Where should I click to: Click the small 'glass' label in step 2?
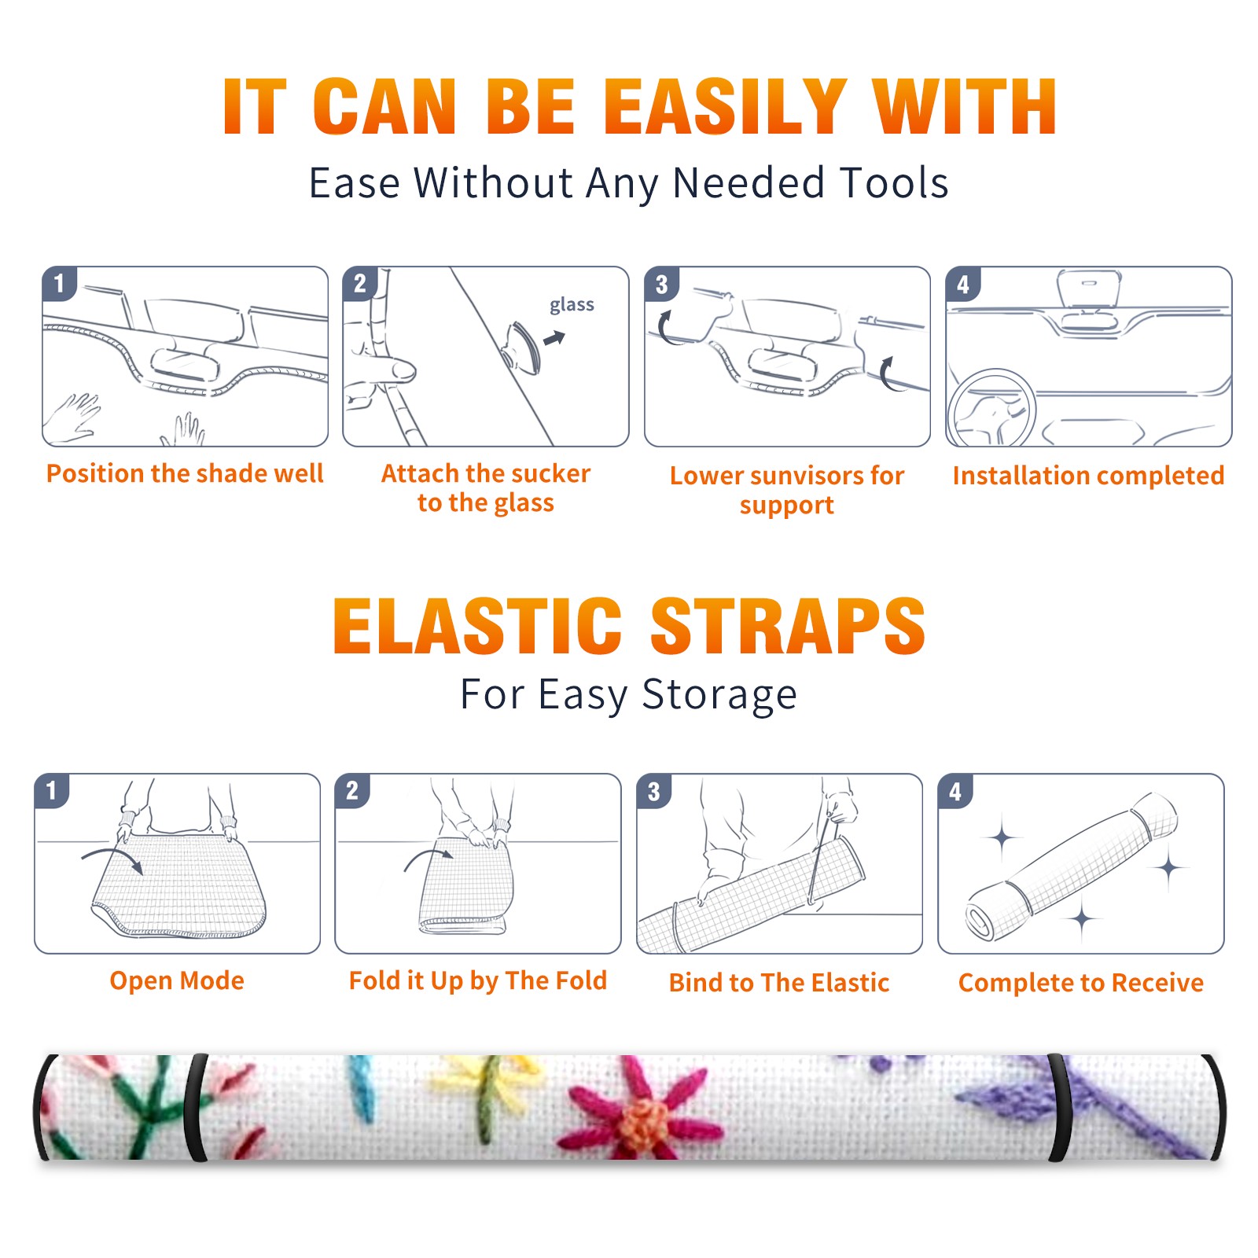pos(572,305)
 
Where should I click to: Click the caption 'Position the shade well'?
pos(185,473)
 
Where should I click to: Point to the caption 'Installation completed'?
pos(1088,475)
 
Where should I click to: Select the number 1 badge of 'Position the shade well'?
pos(60,283)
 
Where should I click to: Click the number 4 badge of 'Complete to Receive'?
pos(955,791)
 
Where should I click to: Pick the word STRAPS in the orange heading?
pos(788,626)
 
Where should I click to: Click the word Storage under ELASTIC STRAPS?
pos(719,695)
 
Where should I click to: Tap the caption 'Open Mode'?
pos(177,980)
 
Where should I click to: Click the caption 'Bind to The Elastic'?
pos(779,982)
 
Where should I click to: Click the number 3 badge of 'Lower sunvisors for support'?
pos(662,284)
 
